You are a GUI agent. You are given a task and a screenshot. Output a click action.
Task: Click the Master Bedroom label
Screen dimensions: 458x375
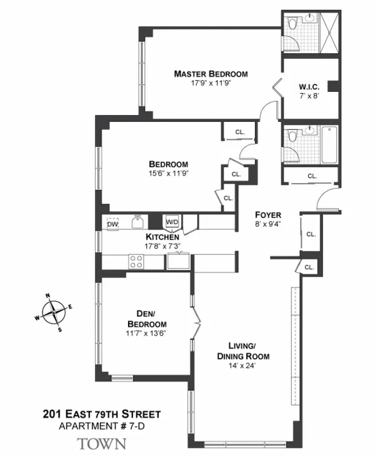[211, 74]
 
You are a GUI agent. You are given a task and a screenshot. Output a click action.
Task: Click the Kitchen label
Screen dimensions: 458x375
[162, 237]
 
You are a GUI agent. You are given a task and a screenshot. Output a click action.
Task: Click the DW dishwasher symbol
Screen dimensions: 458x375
[112, 224]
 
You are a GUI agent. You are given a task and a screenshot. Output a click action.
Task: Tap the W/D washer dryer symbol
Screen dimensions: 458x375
[171, 222]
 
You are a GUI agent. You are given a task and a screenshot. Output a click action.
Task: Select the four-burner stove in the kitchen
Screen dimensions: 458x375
[136, 262]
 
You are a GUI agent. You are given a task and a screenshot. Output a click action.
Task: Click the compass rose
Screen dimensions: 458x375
[56, 311]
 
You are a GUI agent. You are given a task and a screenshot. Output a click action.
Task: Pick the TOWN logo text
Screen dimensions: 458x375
[102, 444]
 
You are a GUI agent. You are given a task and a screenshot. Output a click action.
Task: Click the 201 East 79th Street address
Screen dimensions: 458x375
[102, 414]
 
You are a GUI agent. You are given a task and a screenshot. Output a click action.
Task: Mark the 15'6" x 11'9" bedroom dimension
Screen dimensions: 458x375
[159, 174]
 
